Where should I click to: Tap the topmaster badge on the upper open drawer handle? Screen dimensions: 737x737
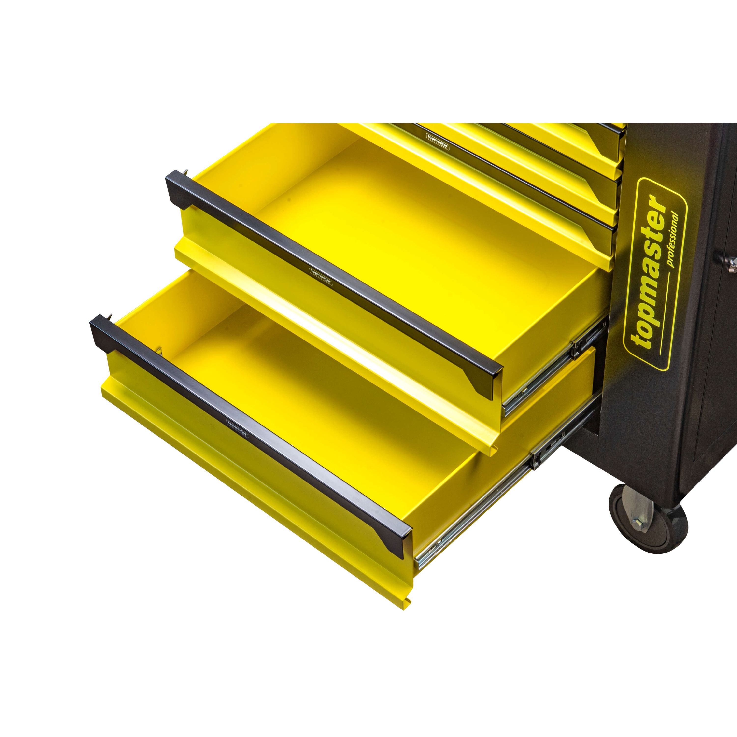click(320, 277)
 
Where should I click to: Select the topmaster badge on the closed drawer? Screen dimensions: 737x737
click(437, 141)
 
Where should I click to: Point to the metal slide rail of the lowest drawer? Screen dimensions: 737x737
click(507, 492)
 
